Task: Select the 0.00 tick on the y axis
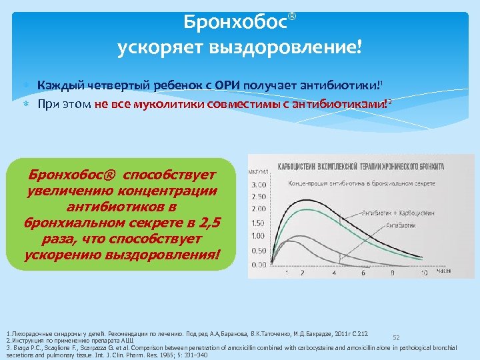tap(257, 265)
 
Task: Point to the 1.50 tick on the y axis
tap(257, 223)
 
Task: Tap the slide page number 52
tap(396, 338)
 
